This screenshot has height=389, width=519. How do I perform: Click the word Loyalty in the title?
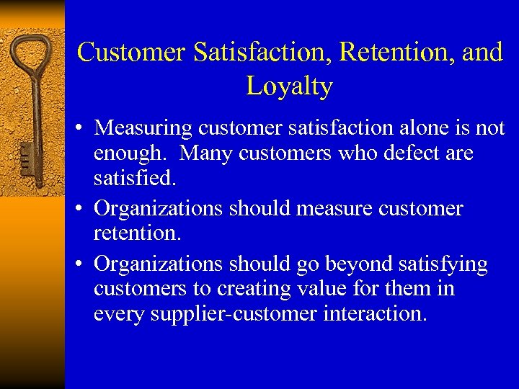289,86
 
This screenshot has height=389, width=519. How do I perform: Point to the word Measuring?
143,128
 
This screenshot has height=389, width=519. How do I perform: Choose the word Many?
204,153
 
